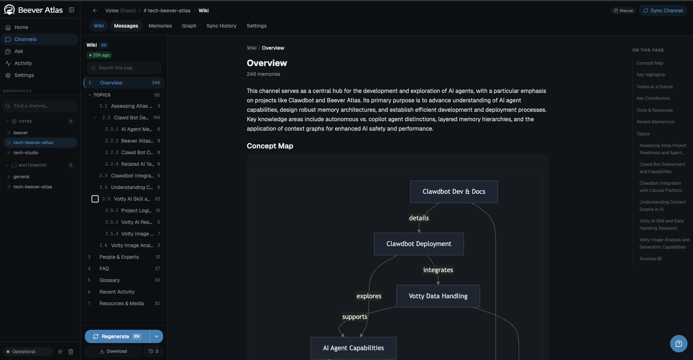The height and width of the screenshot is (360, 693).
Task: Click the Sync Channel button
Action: click(663, 11)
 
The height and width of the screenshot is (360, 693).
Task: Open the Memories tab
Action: click(160, 26)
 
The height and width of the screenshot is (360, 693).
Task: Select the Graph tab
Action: click(189, 26)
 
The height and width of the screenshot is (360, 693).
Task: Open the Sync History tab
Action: click(221, 26)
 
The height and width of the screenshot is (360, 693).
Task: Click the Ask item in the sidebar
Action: click(19, 51)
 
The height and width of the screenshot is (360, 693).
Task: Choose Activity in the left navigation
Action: click(23, 63)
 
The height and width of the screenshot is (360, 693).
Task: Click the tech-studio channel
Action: click(26, 153)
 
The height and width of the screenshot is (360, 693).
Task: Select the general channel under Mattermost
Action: click(21, 177)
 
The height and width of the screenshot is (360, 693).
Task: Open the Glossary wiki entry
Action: click(110, 280)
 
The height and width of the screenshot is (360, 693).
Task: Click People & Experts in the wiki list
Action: click(119, 257)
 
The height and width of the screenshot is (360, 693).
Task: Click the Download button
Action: click(113, 351)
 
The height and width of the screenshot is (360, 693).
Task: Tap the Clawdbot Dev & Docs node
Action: click(454, 192)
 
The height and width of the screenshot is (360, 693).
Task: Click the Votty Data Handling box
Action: click(438, 296)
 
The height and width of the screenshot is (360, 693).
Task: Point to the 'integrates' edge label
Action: click(438, 270)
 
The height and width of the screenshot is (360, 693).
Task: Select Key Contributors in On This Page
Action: click(653, 98)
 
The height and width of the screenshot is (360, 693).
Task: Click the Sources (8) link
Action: click(651, 259)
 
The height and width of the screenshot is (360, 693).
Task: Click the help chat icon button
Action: click(678, 344)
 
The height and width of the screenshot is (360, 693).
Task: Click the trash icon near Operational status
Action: click(71, 352)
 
